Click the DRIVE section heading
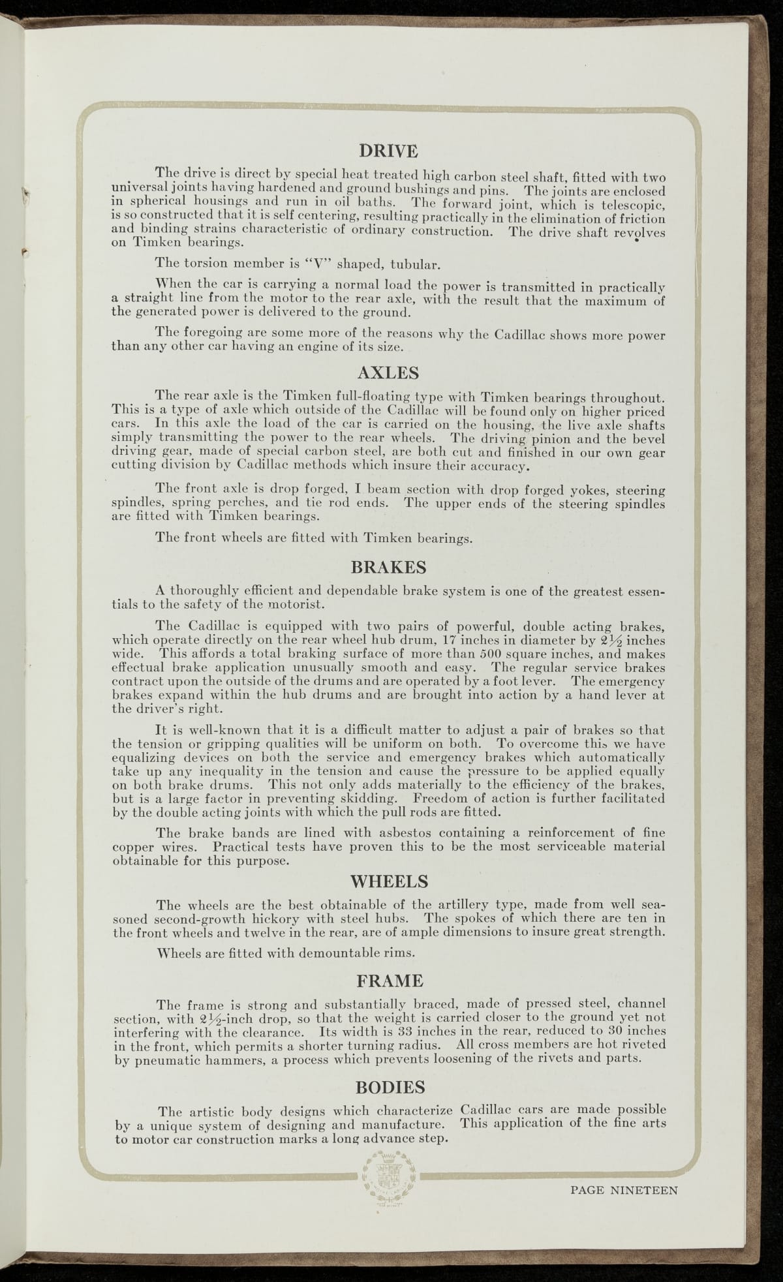[388, 151]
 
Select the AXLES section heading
[388, 373]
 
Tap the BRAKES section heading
[388, 566]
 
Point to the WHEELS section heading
[390, 881]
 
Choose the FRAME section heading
[390, 980]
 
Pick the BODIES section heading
[390, 1087]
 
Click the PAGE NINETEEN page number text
[624, 1189]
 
